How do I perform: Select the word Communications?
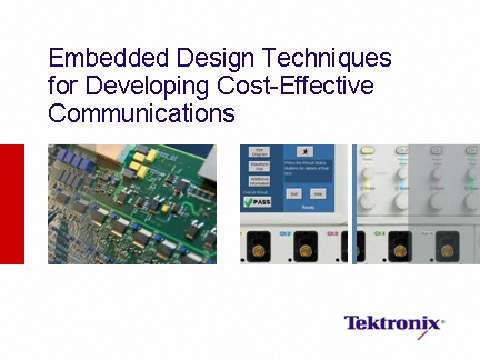coord(141,113)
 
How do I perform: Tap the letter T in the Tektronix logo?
coord(352,323)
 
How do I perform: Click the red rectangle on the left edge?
coord(11,203)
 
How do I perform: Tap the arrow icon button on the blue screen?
coord(307,151)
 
